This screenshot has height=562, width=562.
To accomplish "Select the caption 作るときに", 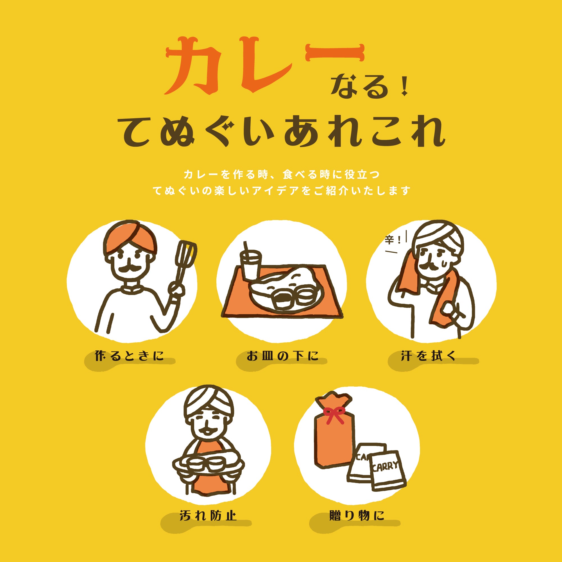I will (130, 356).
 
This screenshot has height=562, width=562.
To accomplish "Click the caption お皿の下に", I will (282, 356).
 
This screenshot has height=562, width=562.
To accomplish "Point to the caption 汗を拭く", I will (428, 356).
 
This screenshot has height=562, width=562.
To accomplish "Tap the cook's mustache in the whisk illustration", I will (130, 268).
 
